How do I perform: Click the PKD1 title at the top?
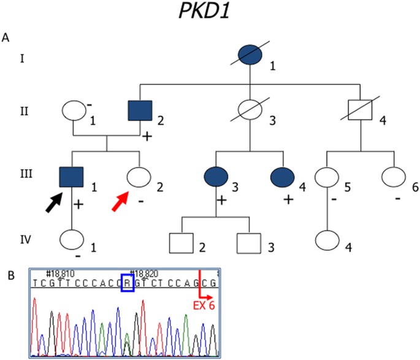210,13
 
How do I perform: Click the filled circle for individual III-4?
284,177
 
